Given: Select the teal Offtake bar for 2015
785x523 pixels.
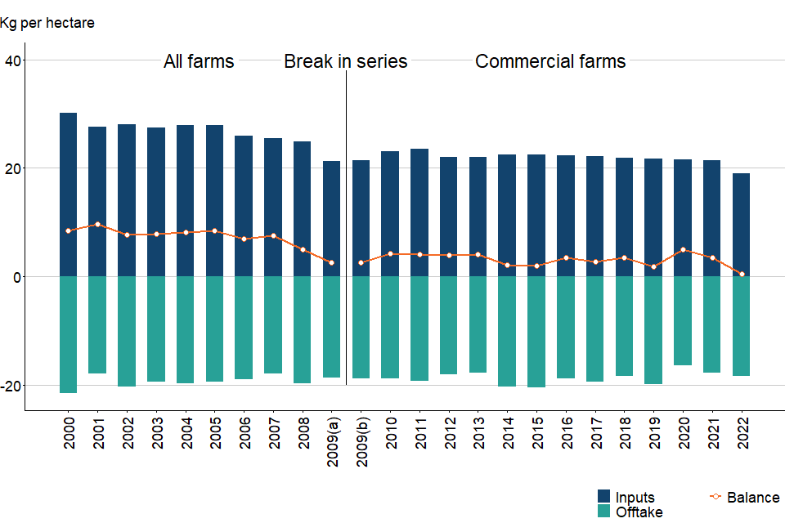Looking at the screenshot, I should coord(537,332).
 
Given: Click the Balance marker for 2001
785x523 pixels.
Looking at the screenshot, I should coord(97,225).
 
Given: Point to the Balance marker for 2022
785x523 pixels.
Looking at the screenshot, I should coord(742,275).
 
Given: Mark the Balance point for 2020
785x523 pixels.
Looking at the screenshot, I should coord(683,250).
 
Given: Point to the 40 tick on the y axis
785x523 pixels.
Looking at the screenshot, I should coord(12,60).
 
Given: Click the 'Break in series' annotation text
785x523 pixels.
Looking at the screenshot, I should coord(345,61).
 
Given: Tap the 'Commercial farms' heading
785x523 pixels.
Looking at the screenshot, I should coord(550,61).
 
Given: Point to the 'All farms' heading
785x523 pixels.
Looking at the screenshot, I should coord(199,61).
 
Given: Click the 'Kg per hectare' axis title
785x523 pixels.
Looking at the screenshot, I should coord(47,23).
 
